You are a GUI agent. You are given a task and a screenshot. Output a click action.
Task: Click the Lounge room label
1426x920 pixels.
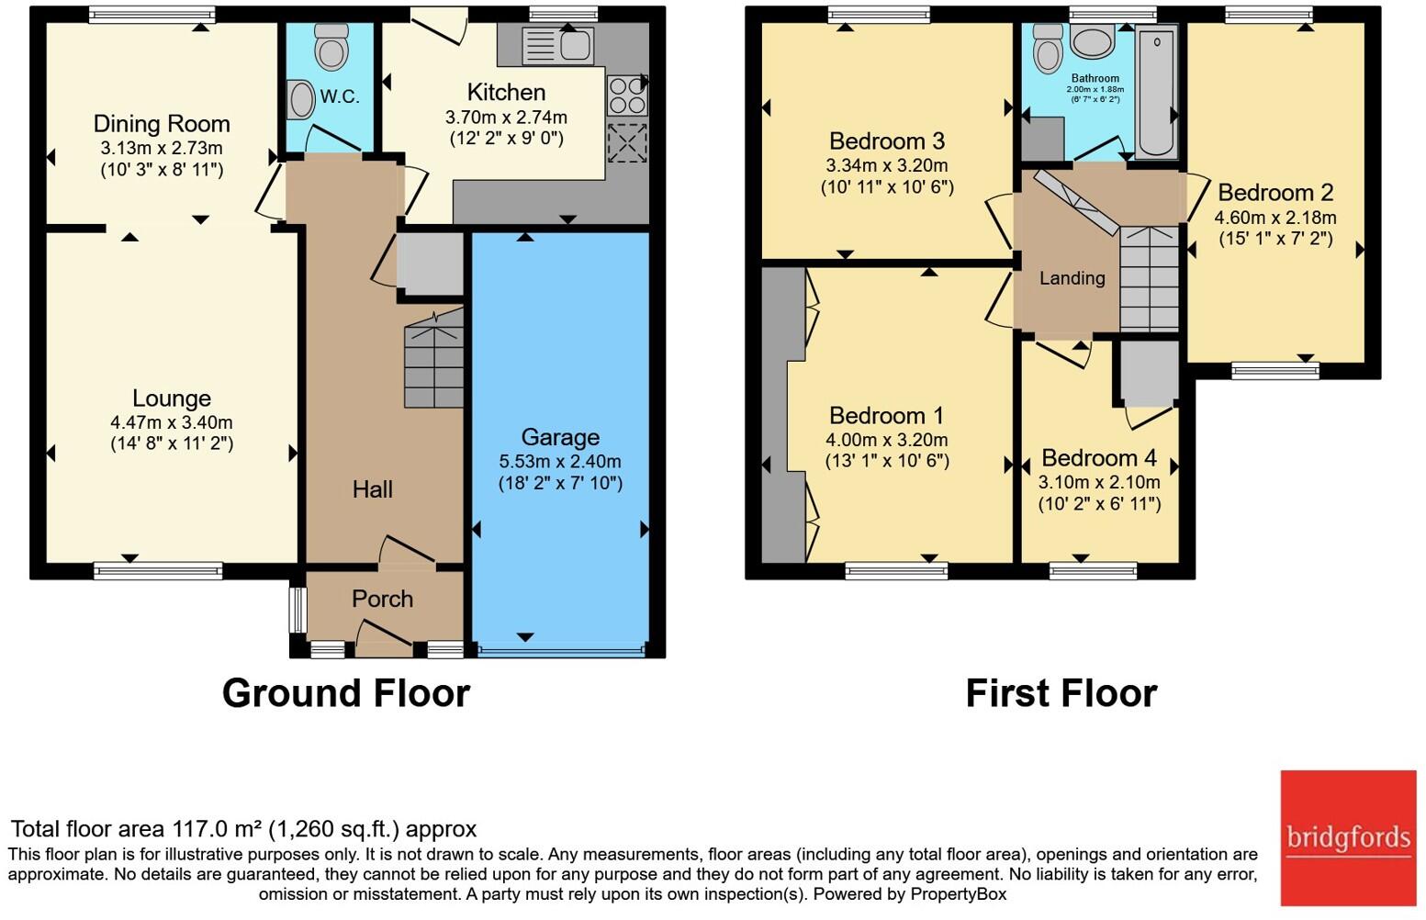[172, 398]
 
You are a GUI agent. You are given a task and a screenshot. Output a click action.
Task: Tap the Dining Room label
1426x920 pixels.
[162, 124]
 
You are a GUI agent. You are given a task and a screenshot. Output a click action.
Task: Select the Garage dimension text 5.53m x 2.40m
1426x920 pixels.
[560, 462]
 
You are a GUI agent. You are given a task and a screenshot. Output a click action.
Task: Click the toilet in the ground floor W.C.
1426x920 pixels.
[331, 46]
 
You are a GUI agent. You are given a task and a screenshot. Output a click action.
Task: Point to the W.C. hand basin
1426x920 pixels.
[301, 99]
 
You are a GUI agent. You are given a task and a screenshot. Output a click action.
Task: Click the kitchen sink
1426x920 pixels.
[558, 46]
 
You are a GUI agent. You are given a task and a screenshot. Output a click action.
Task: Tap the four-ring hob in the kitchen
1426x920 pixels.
[627, 95]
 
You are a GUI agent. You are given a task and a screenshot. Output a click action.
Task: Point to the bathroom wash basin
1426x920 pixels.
[1092, 42]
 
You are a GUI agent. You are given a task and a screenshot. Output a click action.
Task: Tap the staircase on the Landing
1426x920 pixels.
[1149, 279]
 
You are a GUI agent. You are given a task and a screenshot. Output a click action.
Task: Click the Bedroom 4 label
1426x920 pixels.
[1099, 458]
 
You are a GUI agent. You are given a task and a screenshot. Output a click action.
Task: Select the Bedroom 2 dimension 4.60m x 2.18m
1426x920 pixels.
[1275, 218]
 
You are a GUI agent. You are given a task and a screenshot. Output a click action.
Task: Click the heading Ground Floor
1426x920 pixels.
[346, 693]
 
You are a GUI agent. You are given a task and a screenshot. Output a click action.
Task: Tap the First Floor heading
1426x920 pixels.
[1061, 693]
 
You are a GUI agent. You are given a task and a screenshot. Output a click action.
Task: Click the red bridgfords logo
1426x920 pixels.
[1348, 837]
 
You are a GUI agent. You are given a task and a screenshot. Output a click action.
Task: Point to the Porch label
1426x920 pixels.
[382, 599]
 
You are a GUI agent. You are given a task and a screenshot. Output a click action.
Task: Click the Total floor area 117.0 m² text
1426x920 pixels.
[243, 829]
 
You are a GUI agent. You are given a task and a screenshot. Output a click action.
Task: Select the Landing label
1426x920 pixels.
[1072, 278]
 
